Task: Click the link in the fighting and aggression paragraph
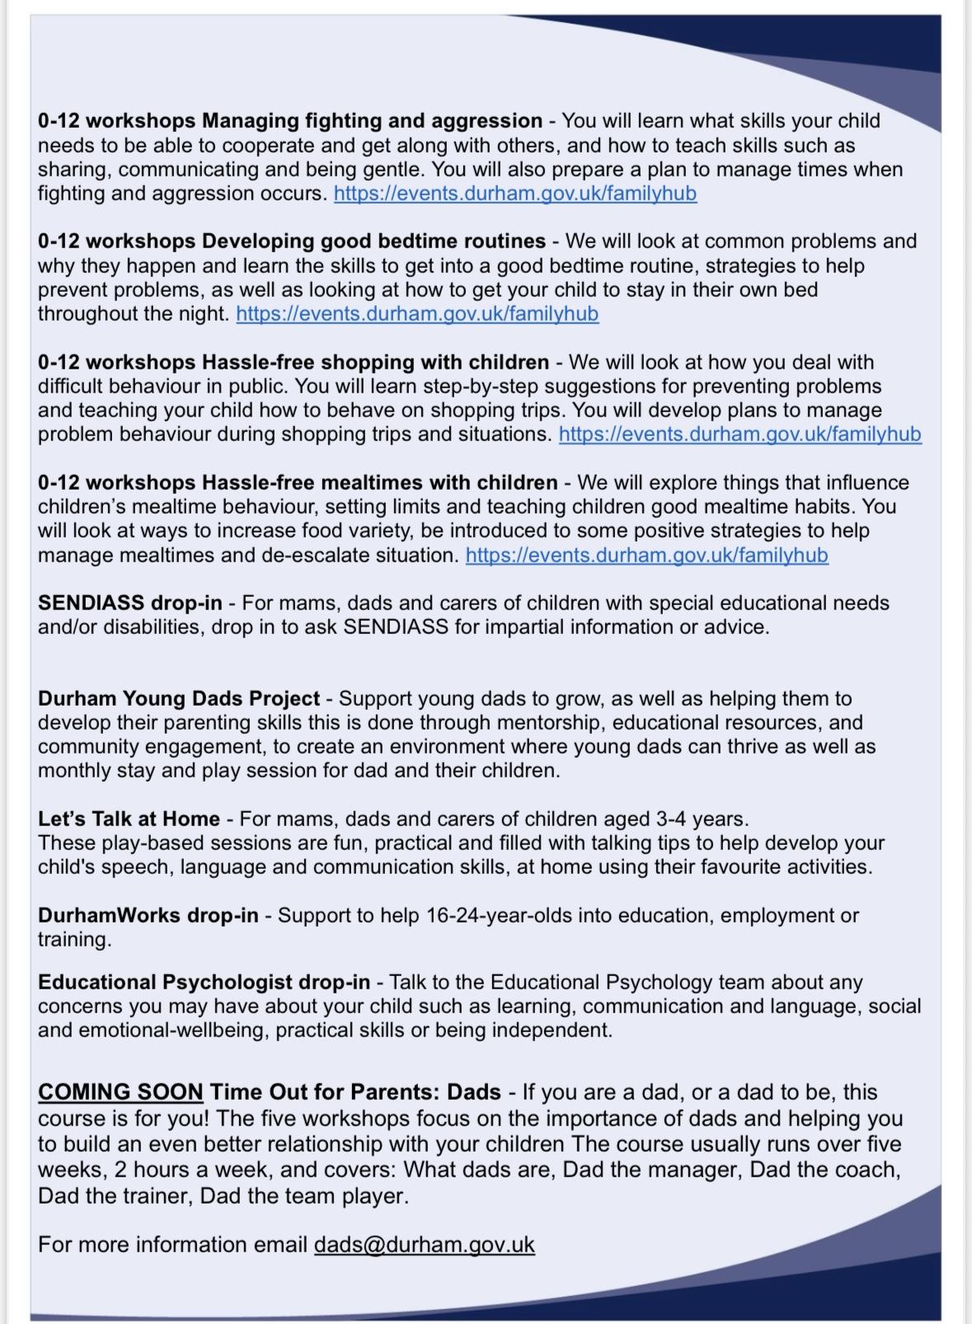pyautogui.click(x=515, y=194)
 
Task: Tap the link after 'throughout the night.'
pyautogui.click(x=417, y=314)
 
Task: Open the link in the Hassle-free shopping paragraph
pyautogui.click(x=740, y=434)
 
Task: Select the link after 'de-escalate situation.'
pyautogui.click(x=646, y=556)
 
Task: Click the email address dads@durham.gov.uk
pyautogui.click(x=424, y=1245)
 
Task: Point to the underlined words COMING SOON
pyautogui.click(x=120, y=1092)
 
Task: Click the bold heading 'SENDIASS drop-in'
pyautogui.click(x=129, y=603)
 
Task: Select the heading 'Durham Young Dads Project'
pyautogui.click(x=179, y=699)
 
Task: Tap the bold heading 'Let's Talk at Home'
pyautogui.click(x=129, y=819)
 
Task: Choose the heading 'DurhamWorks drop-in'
pyautogui.click(x=148, y=916)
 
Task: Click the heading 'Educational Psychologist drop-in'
pyautogui.click(x=204, y=983)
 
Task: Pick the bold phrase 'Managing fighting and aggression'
pyautogui.click(x=372, y=121)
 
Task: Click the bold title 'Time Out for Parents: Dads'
pyautogui.click(x=355, y=1092)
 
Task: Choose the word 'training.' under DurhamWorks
pyautogui.click(x=74, y=940)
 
